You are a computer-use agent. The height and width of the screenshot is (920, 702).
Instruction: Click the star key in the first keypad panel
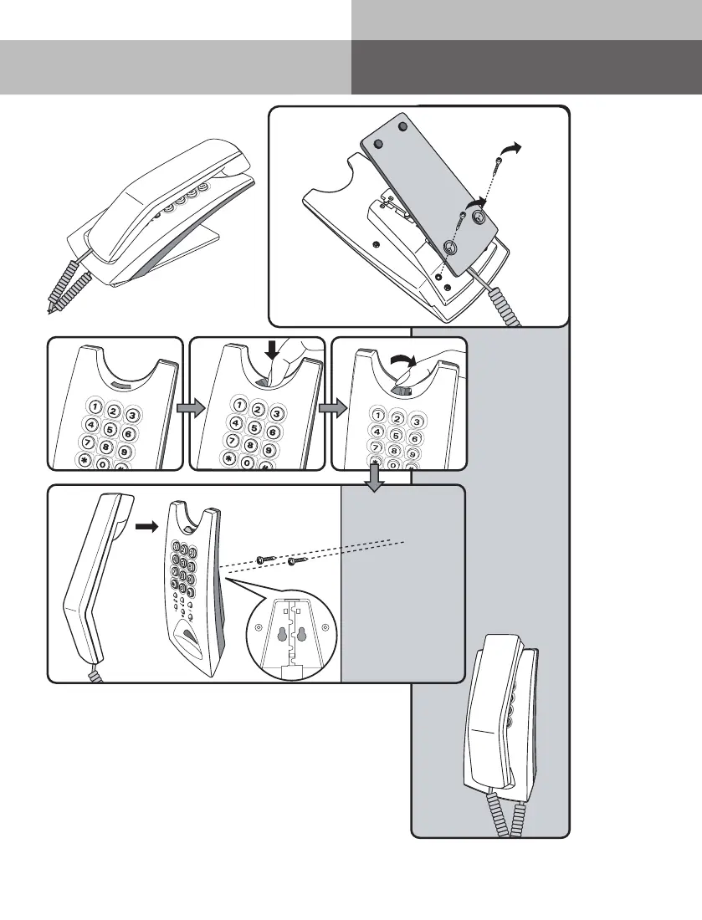(85, 460)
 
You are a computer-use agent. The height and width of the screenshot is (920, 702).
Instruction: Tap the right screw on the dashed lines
(292, 562)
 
